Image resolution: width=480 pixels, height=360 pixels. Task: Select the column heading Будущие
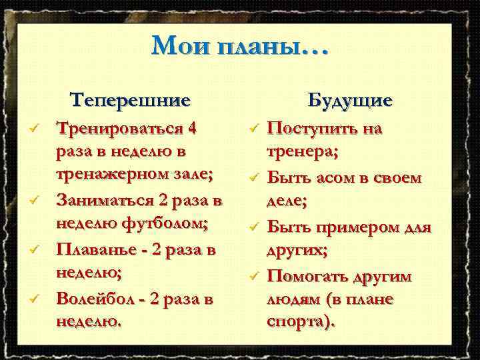350,101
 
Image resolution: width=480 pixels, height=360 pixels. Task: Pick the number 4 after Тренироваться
193,128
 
